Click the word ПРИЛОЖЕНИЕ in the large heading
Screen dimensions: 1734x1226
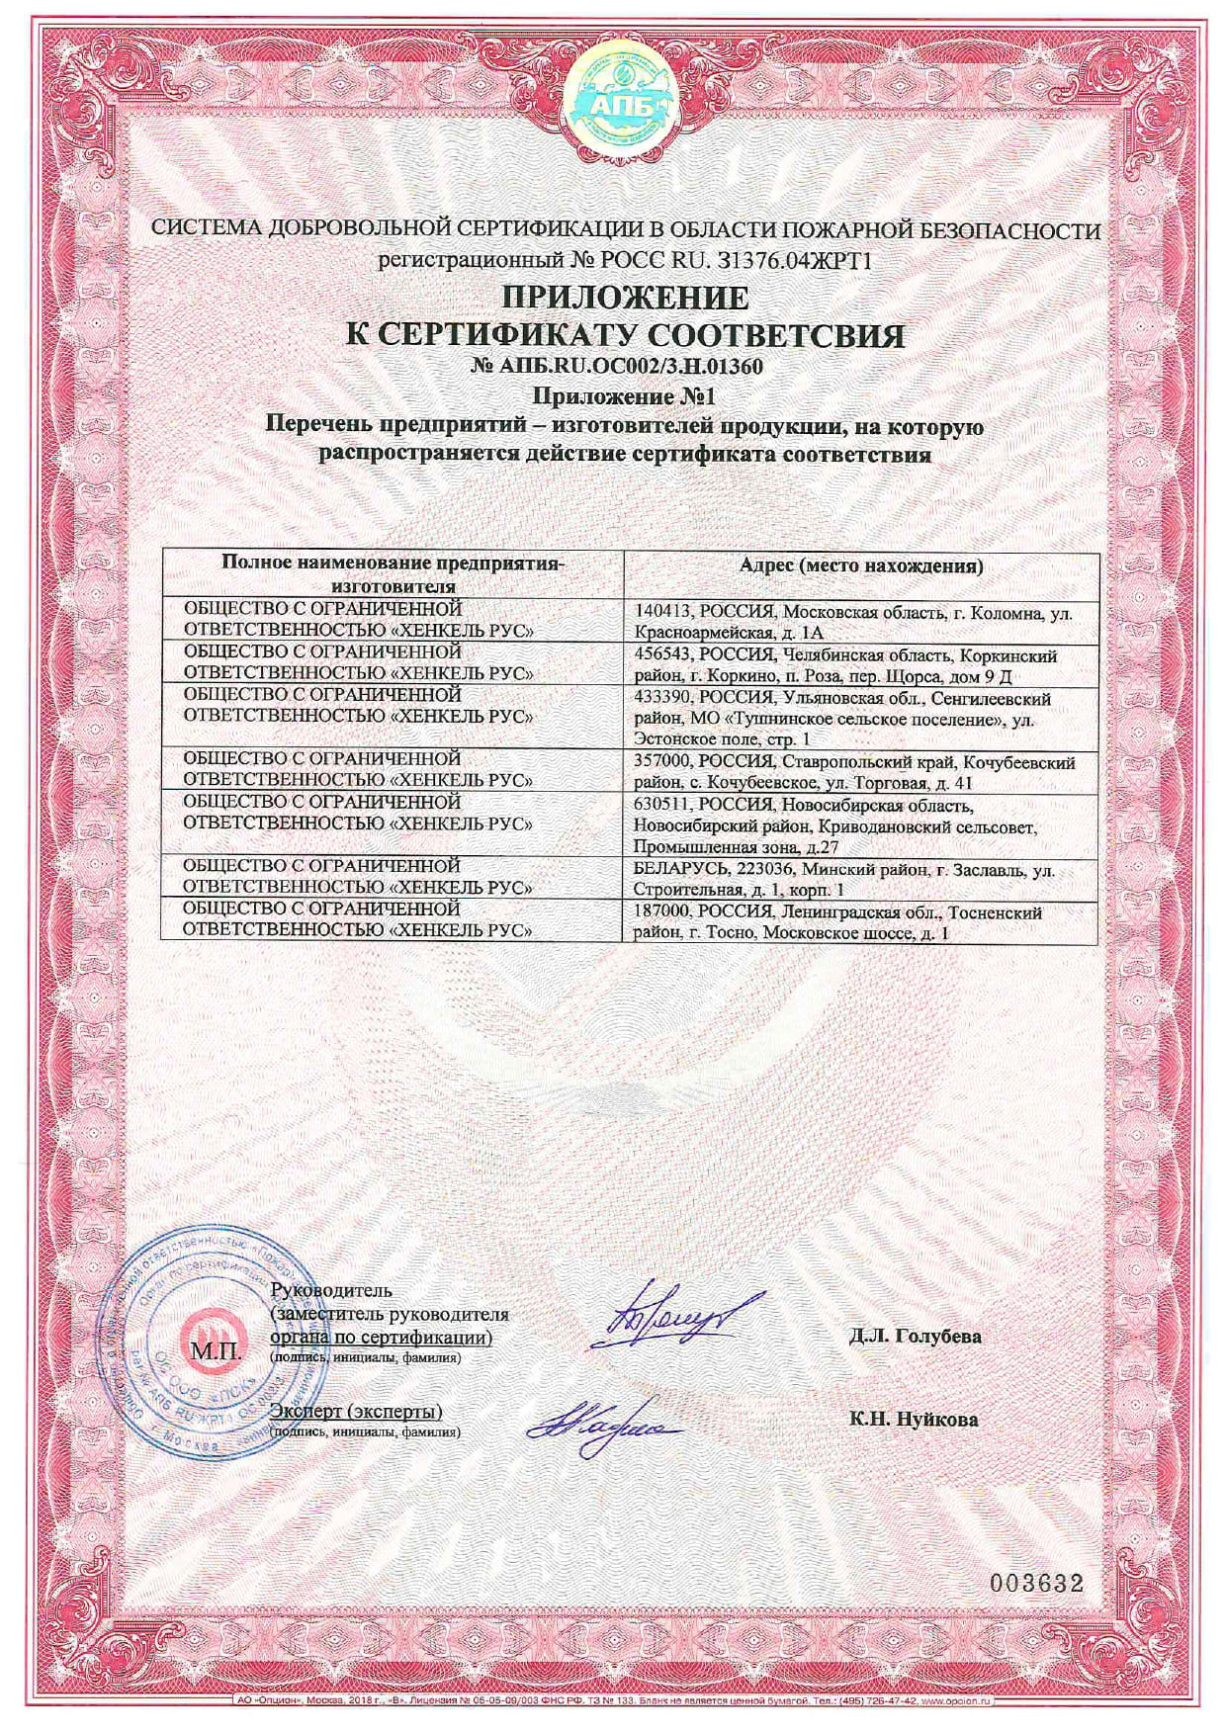coord(625,297)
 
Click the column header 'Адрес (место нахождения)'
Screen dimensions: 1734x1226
coord(860,566)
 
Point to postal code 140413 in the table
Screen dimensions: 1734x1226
coord(658,613)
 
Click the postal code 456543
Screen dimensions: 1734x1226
coord(658,656)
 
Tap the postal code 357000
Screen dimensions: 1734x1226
coord(658,763)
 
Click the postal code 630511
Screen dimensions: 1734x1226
coord(658,805)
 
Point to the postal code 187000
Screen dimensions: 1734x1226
coord(658,912)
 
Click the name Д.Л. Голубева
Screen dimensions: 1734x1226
coord(915,1336)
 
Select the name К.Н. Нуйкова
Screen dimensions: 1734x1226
coord(913,1419)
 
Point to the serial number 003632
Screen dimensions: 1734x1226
coord(1037,1583)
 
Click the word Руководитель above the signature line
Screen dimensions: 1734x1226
coord(330,1289)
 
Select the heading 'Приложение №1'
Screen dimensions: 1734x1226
coord(623,396)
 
